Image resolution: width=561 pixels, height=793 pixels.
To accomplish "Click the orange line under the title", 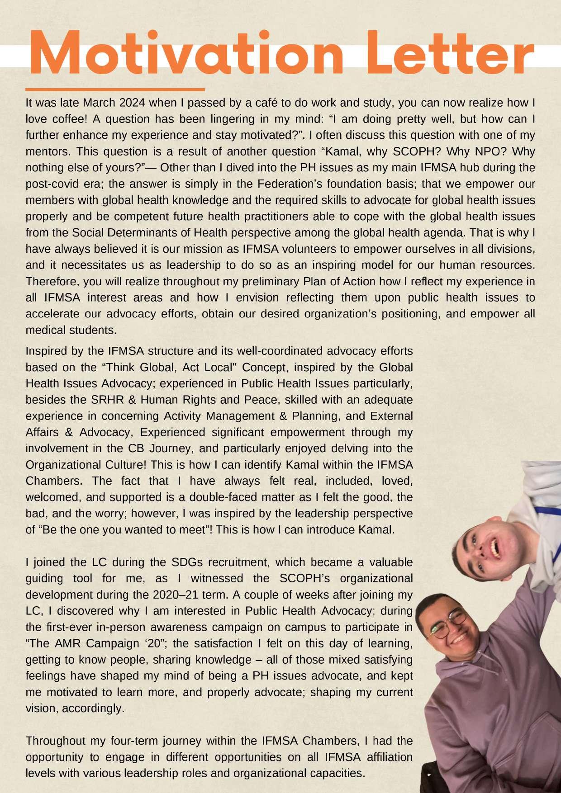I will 115,90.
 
